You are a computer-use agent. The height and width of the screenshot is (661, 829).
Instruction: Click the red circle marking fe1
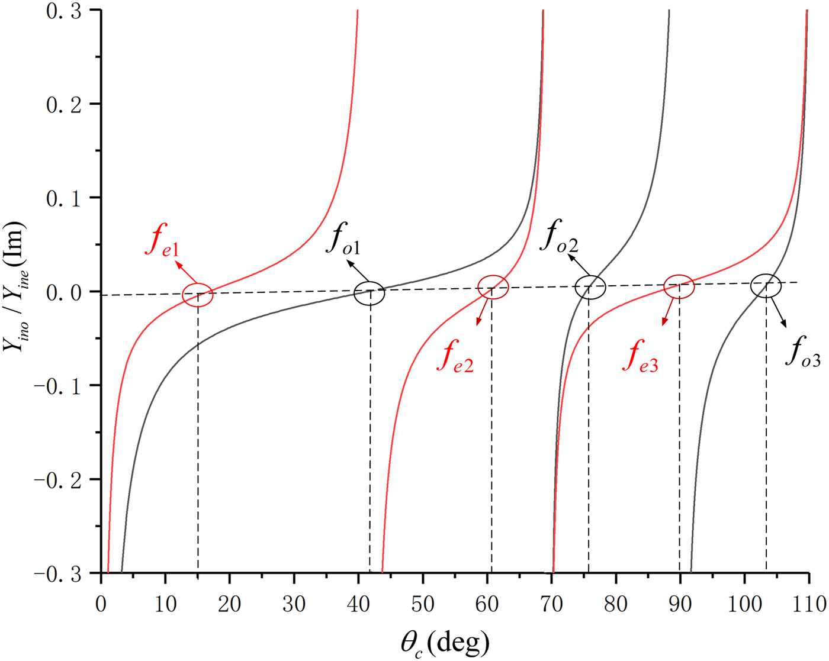click(x=197, y=295)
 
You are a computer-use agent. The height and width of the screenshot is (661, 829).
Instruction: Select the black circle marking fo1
click(x=369, y=293)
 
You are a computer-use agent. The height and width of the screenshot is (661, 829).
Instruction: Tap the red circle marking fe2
click(x=493, y=287)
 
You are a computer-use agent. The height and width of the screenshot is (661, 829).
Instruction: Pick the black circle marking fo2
click(x=590, y=288)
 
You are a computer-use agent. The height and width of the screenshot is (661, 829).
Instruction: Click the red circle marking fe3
click(x=679, y=286)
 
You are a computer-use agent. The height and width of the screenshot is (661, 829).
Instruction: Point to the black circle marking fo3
click(x=766, y=286)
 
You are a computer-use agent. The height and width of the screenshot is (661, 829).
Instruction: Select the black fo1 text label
click(x=343, y=239)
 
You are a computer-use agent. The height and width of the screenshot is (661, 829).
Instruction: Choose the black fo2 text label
click(x=558, y=236)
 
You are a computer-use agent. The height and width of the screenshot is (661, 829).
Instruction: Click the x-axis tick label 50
click(x=422, y=604)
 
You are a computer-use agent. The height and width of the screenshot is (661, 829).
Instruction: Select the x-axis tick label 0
click(x=101, y=604)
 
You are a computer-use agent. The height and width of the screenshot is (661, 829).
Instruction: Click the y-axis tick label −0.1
click(x=57, y=386)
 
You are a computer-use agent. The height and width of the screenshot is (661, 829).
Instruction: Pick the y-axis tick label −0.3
click(x=57, y=573)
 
